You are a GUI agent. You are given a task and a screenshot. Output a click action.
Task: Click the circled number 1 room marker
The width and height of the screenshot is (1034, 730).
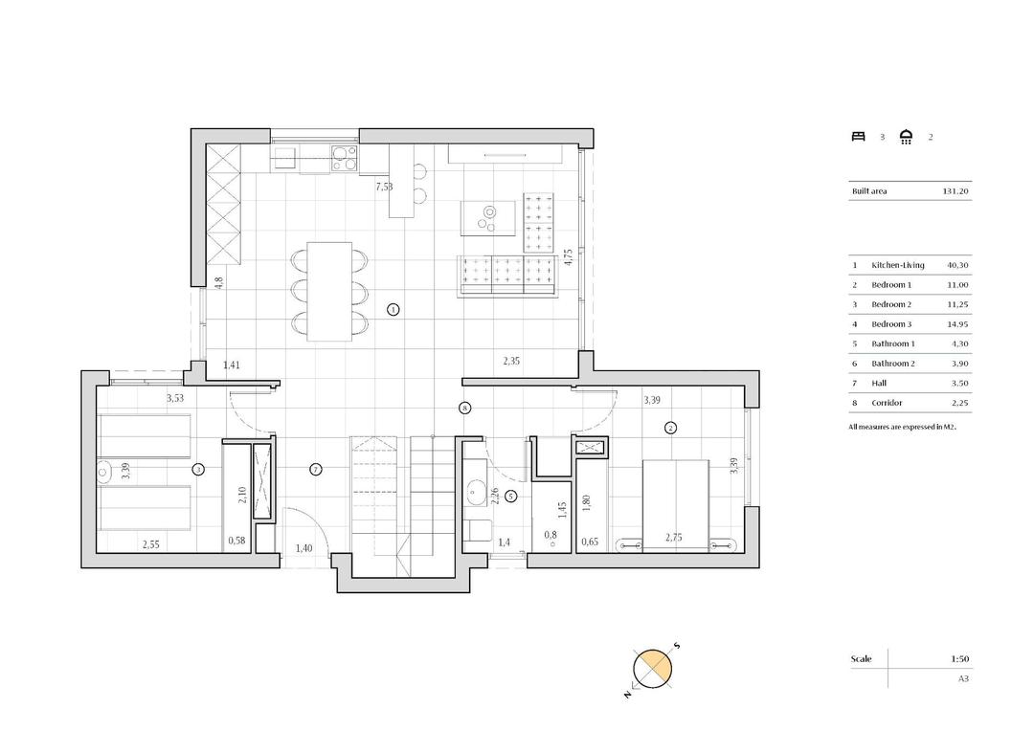(393, 309)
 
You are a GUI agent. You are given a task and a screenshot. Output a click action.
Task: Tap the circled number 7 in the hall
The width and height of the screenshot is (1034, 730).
(315, 469)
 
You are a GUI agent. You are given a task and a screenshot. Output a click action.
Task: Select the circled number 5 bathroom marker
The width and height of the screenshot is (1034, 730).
(510, 496)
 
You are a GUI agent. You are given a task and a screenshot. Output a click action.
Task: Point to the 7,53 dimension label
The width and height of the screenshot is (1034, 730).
(383, 187)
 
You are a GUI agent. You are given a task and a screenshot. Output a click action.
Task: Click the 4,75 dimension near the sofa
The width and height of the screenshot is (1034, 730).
(568, 257)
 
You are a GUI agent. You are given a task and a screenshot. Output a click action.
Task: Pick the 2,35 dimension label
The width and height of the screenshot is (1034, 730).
(513, 362)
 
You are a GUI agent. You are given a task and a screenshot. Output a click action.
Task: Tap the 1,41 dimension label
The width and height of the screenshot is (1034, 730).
(233, 365)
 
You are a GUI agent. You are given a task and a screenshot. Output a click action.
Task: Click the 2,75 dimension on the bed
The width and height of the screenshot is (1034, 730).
(676, 539)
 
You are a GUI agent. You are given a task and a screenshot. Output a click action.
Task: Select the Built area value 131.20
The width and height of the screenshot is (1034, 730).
(955, 191)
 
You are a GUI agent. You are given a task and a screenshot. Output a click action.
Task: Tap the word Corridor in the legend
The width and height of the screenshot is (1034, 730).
(888, 404)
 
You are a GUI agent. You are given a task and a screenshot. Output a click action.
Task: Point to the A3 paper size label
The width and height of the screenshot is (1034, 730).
(963, 678)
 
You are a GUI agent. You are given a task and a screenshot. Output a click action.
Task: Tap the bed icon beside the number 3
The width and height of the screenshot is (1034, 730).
(858, 137)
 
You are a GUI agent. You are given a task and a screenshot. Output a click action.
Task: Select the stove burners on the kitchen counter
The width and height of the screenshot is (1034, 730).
(344, 157)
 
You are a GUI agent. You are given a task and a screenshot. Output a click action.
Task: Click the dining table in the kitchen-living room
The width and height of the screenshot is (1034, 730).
(328, 291)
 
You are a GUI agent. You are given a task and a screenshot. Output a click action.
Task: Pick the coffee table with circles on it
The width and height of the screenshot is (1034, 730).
(487, 217)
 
